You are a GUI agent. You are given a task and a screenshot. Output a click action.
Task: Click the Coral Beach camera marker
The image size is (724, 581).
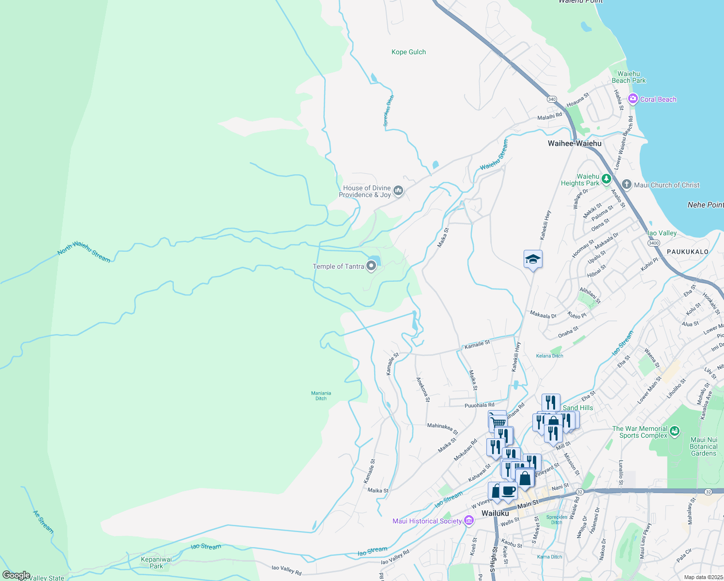click(x=633, y=99)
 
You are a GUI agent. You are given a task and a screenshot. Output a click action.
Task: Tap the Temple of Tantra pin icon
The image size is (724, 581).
click(x=371, y=266)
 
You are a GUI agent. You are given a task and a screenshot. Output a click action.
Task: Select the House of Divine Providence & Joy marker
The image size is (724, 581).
click(x=398, y=190)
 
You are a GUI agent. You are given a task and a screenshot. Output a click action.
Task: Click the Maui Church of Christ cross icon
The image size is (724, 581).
click(x=627, y=184)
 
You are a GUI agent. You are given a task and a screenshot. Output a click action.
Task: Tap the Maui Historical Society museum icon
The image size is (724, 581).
click(x=468, y=521)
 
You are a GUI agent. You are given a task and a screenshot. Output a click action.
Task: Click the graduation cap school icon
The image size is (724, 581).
click(x=533, y=259)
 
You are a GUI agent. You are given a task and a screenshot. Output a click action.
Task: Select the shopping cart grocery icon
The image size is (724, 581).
click(x=498, y=422)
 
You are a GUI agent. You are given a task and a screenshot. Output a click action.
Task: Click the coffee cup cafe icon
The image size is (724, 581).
click(x=508, y=491)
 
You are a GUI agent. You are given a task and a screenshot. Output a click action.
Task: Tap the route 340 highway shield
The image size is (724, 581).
click(x=552, y=99)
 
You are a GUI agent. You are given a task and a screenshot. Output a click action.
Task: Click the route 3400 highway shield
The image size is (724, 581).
click(x=653, y=243)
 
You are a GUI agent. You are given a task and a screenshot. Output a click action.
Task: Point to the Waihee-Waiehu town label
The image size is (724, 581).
click(x=574, y=143)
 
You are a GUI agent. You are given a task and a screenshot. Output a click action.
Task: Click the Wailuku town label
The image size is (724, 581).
click(x=495, y=513)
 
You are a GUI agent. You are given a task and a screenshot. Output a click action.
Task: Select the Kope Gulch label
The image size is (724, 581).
click(x=408, y=52)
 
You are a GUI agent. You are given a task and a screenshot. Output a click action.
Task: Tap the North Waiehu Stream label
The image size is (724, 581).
click(x=84, y=251)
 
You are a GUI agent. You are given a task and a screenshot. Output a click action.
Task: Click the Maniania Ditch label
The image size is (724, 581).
click(x=321, y=396)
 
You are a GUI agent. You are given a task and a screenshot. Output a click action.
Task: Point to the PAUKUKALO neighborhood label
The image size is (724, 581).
click(x=687, y=252)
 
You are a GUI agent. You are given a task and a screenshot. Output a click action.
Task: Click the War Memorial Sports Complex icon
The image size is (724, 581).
click(x=675, y=431)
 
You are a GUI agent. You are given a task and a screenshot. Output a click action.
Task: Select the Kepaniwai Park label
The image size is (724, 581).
click(x=156, y=563)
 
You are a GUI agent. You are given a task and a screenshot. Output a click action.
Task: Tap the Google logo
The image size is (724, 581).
click(x=16, y=575)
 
